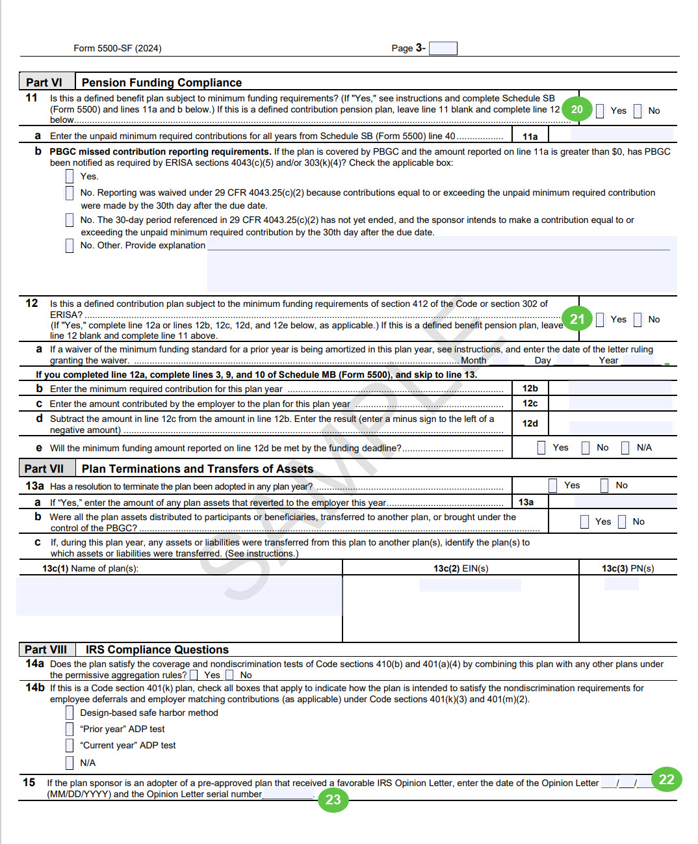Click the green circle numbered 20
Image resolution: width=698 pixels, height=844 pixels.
[x=577, y=109]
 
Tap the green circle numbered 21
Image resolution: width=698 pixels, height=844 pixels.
[x=578, y=319]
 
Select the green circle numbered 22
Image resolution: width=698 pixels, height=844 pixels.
[x=667, y=779]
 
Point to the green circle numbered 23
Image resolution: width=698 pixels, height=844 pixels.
[x=333, y=799]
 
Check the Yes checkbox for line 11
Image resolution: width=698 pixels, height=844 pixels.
[x=600, y=111]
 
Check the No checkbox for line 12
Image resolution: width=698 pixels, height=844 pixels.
[x=638, y=319]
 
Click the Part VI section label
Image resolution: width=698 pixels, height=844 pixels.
[x=44, y=83]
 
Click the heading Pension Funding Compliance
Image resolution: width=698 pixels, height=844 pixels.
[x=162, y=83]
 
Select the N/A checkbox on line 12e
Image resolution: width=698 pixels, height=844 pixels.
[x=625, y=447]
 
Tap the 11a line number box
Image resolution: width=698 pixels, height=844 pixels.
[x=530, y=137]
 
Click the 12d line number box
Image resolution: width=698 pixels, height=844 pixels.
[x=530, y=423]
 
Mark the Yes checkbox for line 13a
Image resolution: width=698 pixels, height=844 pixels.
[x=553, y=485]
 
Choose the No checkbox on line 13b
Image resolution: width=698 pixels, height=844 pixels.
[x=622, y=521]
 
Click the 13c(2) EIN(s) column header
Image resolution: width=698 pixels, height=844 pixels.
[x=461, y=568]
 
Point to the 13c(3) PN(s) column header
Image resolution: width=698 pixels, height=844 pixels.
[x=628, y=568]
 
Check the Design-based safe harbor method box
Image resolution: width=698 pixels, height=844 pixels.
[x=70, y=713]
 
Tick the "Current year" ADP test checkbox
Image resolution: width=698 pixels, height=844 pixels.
[x=70, y=745]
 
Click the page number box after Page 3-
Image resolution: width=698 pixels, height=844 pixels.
[x=443, y=48]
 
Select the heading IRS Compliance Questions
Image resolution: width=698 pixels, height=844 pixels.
[x=157, y=650]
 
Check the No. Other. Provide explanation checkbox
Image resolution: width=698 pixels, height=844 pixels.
[x=70, y=245]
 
